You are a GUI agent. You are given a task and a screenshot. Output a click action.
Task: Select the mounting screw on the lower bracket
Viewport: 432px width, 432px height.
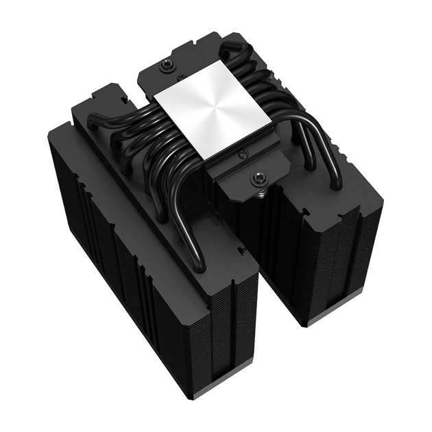pos(259,180)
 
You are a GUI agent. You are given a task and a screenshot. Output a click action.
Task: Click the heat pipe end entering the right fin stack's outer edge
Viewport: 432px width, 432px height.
pos(336,185)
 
